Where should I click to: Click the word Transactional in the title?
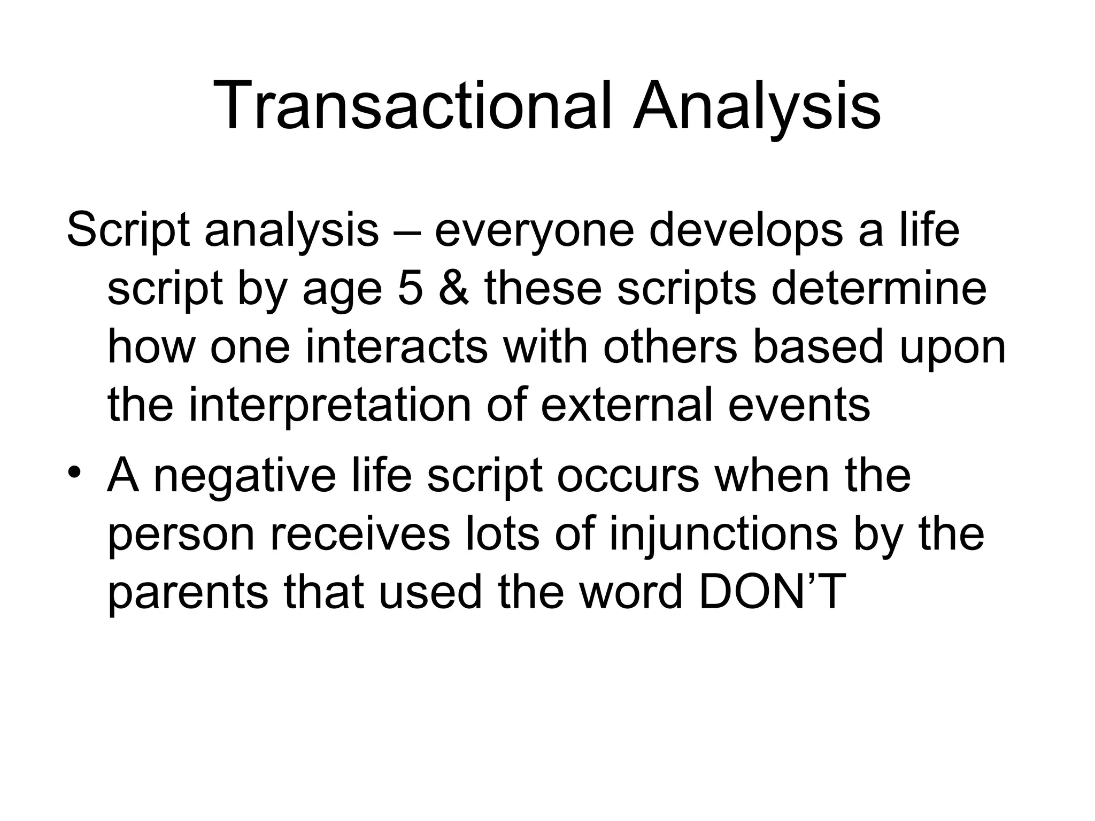[x=412, y=105]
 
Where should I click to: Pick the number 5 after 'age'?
[x=411, y=289]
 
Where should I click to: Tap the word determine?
[x=879, y=289]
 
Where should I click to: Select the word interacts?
[x=396, y=347]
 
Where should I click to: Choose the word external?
[x=626, y=405]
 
